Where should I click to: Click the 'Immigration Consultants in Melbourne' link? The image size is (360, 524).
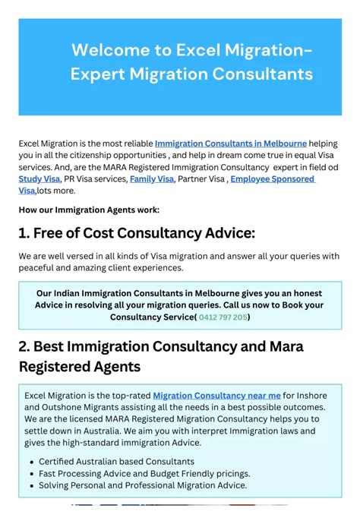click(x=230, y=143)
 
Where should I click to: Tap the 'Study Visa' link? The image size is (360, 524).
click(x=39, y=179)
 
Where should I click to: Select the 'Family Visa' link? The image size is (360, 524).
click(x=152, y=179)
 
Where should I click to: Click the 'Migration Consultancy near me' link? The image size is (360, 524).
click(x=216, y=395)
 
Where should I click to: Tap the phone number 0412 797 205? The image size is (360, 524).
click(x=223, y=317)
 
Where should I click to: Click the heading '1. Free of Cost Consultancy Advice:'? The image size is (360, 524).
click(x=137, y=233)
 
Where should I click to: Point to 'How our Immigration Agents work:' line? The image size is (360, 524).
click(x=89, y=210)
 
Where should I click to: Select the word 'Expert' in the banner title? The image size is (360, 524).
click(x=97, y=74)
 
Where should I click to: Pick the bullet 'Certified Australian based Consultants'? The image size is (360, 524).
click(x=116, y=461)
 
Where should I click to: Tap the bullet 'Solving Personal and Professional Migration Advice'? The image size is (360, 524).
click(x=143, y=485)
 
